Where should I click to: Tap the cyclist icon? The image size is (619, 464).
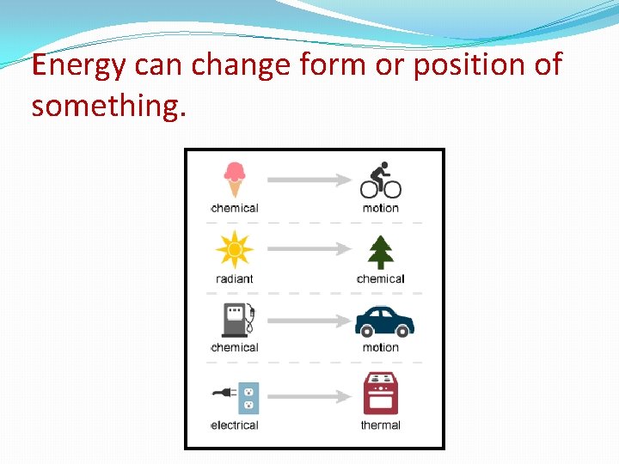pyautogui.click(x=380, y=180)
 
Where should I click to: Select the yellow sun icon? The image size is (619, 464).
pyautogui.click(x=234, y=250)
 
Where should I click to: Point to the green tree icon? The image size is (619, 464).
pyautogui.click(x=380, y=251)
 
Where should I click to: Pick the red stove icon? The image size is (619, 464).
pyautogui.click(x=381, y=394)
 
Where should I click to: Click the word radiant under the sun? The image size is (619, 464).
pyautogui.click(x=234, y=278)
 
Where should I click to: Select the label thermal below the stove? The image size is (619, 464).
pyautogui.click(x=380, y=424)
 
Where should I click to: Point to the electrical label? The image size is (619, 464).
pyautogui.click(x=234, y=424)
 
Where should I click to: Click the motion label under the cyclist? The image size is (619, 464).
pyautogui.click(x=380, y=208)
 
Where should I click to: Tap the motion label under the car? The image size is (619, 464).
pyautogui.click(x=380, y=347)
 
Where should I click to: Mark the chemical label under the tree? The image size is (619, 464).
pyautogui.click(x=380, y=278)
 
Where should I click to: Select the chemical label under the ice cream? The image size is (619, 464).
pyautogui.click(x=234, y=208)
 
